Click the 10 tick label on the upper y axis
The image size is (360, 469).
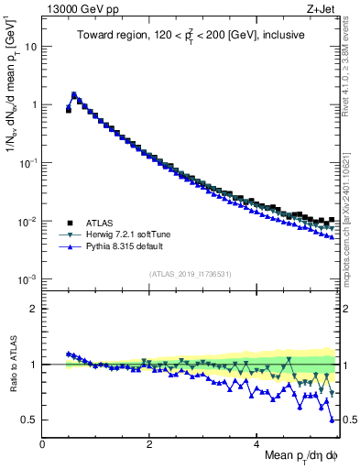coord(31,46)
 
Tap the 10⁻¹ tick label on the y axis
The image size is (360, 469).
coord(27,162)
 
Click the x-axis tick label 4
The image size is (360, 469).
coord(257,444)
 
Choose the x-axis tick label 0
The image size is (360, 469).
coord(42,444)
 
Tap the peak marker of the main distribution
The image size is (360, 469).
coord(74,94)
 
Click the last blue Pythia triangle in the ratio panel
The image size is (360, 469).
coord(333,420)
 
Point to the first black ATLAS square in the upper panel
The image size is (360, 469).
coord(69,110)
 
